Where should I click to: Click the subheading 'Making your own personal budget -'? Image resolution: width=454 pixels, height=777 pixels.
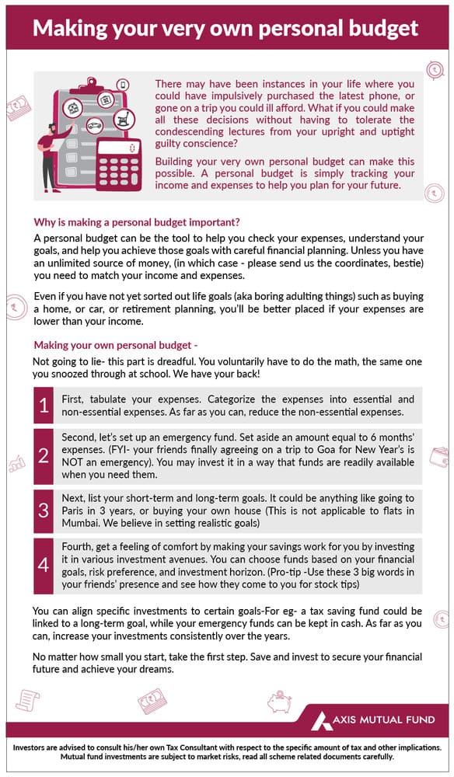pos(116,345)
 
